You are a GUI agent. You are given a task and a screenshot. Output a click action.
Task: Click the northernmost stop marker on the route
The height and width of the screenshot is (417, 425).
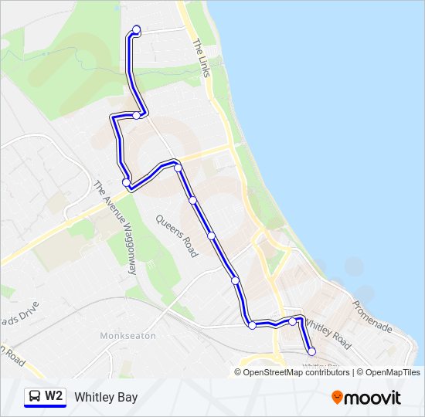point(137,30)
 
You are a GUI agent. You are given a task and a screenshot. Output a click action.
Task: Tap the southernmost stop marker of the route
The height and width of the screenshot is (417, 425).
point(311,351)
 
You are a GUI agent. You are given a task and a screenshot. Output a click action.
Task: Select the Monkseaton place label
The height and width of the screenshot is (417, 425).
point(127,336)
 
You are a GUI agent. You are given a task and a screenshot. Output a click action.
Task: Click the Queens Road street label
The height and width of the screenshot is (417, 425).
point(176,236)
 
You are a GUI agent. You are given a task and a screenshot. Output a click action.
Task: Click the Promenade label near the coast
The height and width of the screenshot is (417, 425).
point(372,317)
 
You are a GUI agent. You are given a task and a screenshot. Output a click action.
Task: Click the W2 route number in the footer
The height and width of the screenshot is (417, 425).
point(53,396)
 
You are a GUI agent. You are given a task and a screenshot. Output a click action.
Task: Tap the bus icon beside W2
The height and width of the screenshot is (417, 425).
point(35,397)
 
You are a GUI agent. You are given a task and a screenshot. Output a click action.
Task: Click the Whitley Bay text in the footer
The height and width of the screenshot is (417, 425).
point(106,397)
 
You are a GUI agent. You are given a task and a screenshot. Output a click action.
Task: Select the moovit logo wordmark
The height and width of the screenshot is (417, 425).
point(374,398)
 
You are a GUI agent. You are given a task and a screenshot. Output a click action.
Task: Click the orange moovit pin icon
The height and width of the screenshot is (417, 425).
point(338,398)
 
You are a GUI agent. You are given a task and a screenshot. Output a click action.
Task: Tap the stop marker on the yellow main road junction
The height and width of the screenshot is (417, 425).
point(178,168)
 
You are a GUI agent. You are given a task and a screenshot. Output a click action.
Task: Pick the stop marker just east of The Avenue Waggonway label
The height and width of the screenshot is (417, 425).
point(126,182)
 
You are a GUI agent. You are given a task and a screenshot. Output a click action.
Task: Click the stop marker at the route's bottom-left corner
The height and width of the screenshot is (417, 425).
point(252,325)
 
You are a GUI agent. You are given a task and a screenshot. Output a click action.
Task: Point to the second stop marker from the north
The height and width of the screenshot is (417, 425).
point(137,115)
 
